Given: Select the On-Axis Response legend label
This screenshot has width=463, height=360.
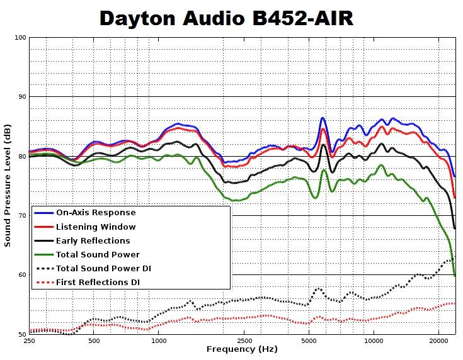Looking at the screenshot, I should tap(96, 213).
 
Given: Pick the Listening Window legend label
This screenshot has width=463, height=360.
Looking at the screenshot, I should tap(96, 227).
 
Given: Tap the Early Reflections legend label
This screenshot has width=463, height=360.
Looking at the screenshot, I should tap(93, 240).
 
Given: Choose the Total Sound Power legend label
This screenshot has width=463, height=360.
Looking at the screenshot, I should tap(98, 254).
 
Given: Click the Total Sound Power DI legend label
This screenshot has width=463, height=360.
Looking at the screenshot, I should tap(103, 269).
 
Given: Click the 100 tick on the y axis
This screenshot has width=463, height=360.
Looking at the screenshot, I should tap(19, 38).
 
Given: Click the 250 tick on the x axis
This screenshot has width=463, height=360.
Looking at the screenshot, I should tap(29, 340).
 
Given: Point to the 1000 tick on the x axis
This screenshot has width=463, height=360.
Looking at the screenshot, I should tap(159, 340).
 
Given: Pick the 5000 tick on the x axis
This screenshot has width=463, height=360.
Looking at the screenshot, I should tap(309, 340).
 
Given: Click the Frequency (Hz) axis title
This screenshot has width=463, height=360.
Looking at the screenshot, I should tap(242, 349).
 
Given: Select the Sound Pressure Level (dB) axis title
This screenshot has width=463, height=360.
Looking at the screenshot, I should tap(8, 186).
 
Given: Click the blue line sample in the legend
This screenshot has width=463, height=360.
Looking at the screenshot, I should tap(43, 213).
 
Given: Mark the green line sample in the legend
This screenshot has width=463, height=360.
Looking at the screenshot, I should tap(43, 254).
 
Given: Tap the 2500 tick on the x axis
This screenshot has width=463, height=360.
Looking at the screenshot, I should tap(245, 340).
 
